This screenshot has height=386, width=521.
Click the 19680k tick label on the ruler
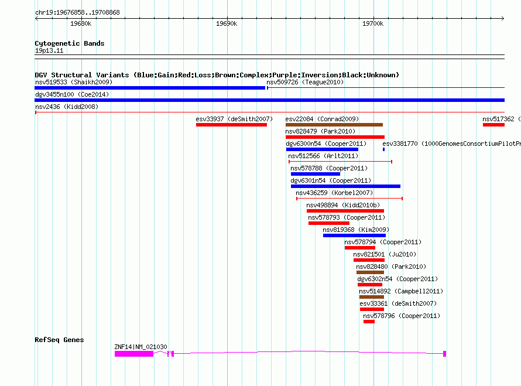[x=80, y=24]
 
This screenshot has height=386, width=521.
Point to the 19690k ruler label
[x=227, y=24]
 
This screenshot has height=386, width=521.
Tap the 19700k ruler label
[x=373, y=24]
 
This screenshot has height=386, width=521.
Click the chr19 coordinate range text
[x=77, y=12]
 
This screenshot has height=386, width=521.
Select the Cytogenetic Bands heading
[x=69, y=43]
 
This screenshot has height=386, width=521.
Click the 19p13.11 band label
[x=49, y=51]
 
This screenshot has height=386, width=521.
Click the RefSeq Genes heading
[x=59, y=340]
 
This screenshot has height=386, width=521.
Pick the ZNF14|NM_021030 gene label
[x=140, y=347]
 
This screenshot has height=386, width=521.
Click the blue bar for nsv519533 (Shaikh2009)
[x=150, y=88]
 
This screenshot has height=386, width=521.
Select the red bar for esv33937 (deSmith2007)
[x=231, y=125]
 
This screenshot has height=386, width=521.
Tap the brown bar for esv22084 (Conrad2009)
[x=334, y=125]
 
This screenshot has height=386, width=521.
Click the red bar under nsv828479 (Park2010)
[x=335, y=137]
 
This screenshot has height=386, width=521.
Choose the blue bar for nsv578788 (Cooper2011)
[x=315, y=174]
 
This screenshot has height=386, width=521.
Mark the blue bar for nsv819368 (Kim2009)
[x=354, y=235]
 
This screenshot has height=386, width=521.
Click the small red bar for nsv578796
[x=369, y=322]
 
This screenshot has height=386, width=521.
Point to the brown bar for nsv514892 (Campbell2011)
[x=372, y=297]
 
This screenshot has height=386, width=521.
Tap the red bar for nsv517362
[x=493, y=125]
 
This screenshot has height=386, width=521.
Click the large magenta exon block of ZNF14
[x=134, y=354]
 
